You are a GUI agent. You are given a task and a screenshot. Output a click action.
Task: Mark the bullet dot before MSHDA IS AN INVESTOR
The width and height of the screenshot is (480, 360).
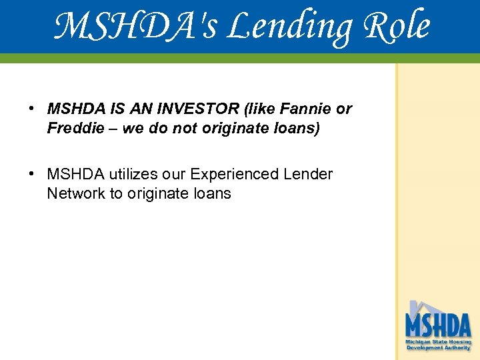(31, 109)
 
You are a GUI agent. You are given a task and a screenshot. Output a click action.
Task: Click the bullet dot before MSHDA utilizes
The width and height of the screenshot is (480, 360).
(31, 174)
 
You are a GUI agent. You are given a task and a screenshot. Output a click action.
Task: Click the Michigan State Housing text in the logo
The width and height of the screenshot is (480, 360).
(438, 341)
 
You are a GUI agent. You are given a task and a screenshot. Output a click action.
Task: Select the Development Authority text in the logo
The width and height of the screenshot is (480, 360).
(438, 347)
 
